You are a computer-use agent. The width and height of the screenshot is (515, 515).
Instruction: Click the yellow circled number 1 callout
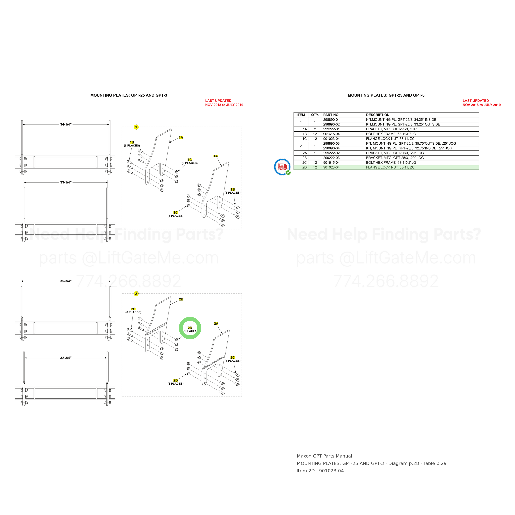(x=136, y=127)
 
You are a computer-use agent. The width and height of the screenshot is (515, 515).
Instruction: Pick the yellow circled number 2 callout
(x=136, y=294)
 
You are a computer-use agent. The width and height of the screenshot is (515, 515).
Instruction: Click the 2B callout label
(x=181, y=299)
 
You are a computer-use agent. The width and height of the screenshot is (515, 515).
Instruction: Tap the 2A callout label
(x=216, y=324)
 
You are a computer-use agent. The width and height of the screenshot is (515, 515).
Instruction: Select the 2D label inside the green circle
(x=190, y=328)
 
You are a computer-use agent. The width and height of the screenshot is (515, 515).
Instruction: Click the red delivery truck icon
(x=282, y=167)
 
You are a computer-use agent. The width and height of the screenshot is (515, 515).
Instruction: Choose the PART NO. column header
(x=331, y=115)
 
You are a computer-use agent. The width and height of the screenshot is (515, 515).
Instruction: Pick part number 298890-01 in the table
(x=331, y=120)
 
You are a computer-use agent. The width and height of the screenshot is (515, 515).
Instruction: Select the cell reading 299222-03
(x=331, y=158)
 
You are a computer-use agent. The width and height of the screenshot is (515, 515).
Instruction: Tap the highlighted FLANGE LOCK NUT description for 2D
(x=390, y=167)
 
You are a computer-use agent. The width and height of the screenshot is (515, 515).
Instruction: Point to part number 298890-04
(x=331, y=148)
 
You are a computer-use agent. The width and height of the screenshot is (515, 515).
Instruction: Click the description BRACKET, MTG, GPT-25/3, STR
(x=391, y=129)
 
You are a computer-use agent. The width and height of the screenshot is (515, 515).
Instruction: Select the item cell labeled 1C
(x=304, y=139)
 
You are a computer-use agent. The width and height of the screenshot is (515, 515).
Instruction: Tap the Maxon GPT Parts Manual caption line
(x=324, y=456)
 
